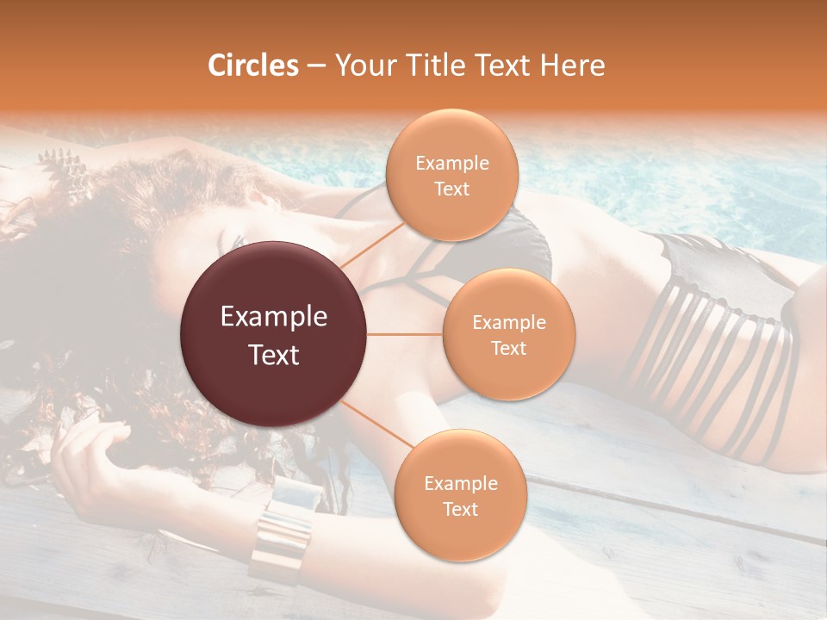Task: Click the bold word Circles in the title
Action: pyautogui.click(x=252, y=65)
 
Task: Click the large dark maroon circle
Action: pyautogui.click(x=273, y=334)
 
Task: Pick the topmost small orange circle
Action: pyautogui.click(x=451, y=175)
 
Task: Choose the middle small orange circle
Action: pyautogui.click(x=508, y=334)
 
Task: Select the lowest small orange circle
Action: pyautogui.click(x=460, y=495)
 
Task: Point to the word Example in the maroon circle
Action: pyautogui.click(x=273, y=317)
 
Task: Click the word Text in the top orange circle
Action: pyautogui.click(x=451, y=189)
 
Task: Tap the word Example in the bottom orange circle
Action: pyautogui.click(x=460, y=483)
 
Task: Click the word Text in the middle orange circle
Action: pyautogui.click(x=508, y=348)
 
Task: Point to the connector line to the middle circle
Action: pyautogui.click(x=405, y=334)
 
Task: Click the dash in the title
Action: pyautogui.click(x=316, y=65)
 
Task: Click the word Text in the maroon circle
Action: pyautogui.click(x=273, y=355)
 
